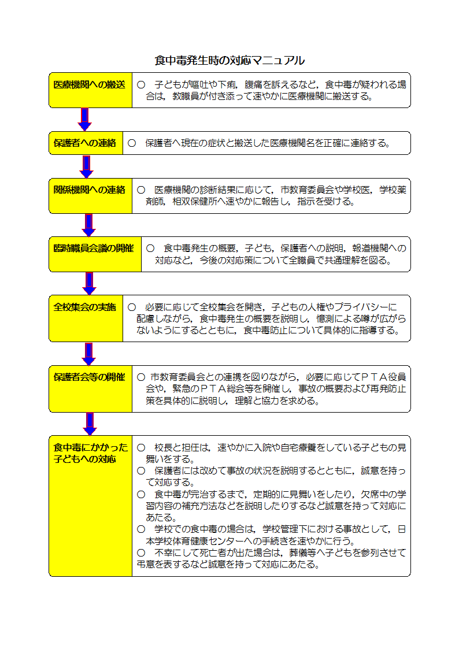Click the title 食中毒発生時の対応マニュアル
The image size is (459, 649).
[x=229, y=61]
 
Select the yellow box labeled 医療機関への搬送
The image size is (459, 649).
[x=91, y=90]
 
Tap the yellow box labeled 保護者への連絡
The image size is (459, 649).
[x=86, y=143]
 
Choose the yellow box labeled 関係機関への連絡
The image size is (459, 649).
[x=91, y=196]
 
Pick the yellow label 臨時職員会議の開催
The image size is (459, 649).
[x=95, y=254]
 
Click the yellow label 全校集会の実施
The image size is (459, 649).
[x=86, y=318]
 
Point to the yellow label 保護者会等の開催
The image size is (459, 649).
[x=91, y=389]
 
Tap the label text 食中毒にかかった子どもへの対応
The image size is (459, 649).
[x=90, y=453]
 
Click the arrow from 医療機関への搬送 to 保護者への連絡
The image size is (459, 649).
[x=84, y=120]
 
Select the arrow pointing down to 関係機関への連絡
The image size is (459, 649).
[x=86, y=167]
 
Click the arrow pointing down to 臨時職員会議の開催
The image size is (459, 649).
[x=88, y=225]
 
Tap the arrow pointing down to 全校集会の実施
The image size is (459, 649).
[x=89, y=284]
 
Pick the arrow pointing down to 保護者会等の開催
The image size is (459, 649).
[x=88, y=354]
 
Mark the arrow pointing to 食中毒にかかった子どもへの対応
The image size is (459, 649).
[x=90, y=424]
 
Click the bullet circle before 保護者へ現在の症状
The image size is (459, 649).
[x=132, y=143]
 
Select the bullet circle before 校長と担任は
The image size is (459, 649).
[x=141, y=447]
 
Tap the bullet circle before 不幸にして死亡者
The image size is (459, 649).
[x=141, y=552]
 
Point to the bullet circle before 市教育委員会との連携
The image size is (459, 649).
[x=141, y=377]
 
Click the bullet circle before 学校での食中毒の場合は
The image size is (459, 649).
[x=141, y=529]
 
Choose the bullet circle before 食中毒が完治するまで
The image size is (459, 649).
[x=141, y=494]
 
